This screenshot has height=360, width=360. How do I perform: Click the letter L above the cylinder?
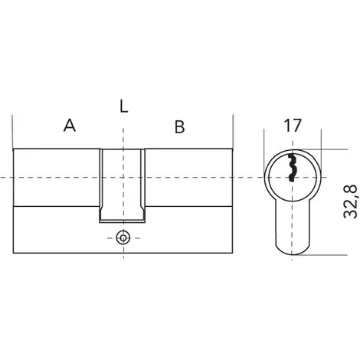pos(124,106)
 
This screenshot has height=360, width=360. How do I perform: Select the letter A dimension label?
pos(70,126)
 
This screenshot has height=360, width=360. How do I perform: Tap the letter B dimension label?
pos(179,127)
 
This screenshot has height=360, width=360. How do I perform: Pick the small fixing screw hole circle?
pos(123,237)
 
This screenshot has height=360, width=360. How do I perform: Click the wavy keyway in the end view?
pos(292,167)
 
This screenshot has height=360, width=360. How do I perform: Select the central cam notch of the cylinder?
pos(123,184)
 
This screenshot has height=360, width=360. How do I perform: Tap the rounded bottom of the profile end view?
pos(292,249)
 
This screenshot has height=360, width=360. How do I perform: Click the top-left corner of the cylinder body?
pos(15,148)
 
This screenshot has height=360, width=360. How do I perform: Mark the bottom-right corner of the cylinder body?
pos(232,250)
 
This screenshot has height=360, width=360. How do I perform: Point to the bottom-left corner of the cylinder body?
pos(15,250)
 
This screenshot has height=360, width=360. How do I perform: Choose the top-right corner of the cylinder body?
pos(232,148)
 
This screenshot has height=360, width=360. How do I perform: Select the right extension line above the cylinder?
pos(232,130)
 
